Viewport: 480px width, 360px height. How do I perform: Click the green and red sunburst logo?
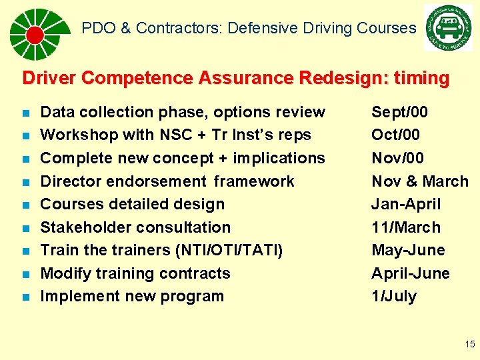[x=37, y=34]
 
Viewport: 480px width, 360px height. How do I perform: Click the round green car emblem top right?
[x=447, y=28]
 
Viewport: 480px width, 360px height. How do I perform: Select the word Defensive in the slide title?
[x=270, y=28]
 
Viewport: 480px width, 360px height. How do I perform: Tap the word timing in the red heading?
[x=421, y=78]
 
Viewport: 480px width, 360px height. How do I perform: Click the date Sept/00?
[x=399, y=112]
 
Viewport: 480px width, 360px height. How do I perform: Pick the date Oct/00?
[x=395, y=135]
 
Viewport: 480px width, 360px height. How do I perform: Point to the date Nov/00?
[x=397, y=158]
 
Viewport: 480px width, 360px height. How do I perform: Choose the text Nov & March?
[x=419, y=181]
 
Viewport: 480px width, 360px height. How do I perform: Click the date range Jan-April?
[x=406, y=204]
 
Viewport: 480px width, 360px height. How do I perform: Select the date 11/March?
[x=405, y=227]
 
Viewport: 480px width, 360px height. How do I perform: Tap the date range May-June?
[x=408, y=250]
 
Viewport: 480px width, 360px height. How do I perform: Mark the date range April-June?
[x=410, y=273]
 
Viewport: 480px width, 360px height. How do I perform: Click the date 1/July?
[x=393, y=296]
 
